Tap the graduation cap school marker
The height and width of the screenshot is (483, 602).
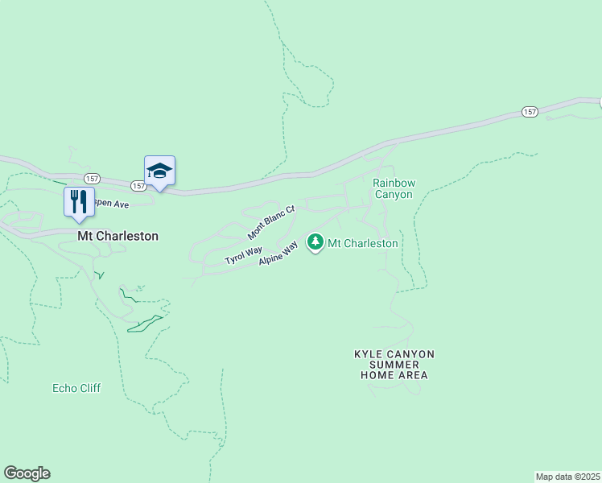[159, 171]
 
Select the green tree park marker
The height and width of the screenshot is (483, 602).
[315, 242]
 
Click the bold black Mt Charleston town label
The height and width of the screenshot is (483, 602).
[118, 237]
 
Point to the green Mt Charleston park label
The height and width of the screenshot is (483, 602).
[364, 243]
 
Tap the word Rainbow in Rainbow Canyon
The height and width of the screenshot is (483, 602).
[393, 183]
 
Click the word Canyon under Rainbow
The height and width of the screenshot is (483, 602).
[393, 195]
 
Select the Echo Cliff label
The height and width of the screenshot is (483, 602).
[76, 388]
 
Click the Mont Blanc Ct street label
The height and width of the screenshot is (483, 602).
[271, 222]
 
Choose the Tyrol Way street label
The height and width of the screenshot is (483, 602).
[243, 256]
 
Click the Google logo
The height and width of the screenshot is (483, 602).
[27, 473]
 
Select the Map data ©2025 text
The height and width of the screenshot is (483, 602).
[568, 477]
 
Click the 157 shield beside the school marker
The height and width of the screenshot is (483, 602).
[138, 186]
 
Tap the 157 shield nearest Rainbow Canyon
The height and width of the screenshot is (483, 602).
[529, 112]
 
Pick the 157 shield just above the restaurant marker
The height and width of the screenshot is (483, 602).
[92, 177]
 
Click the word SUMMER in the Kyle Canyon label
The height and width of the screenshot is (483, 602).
[394, 365]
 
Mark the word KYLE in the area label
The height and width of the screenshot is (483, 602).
[369, 354]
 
